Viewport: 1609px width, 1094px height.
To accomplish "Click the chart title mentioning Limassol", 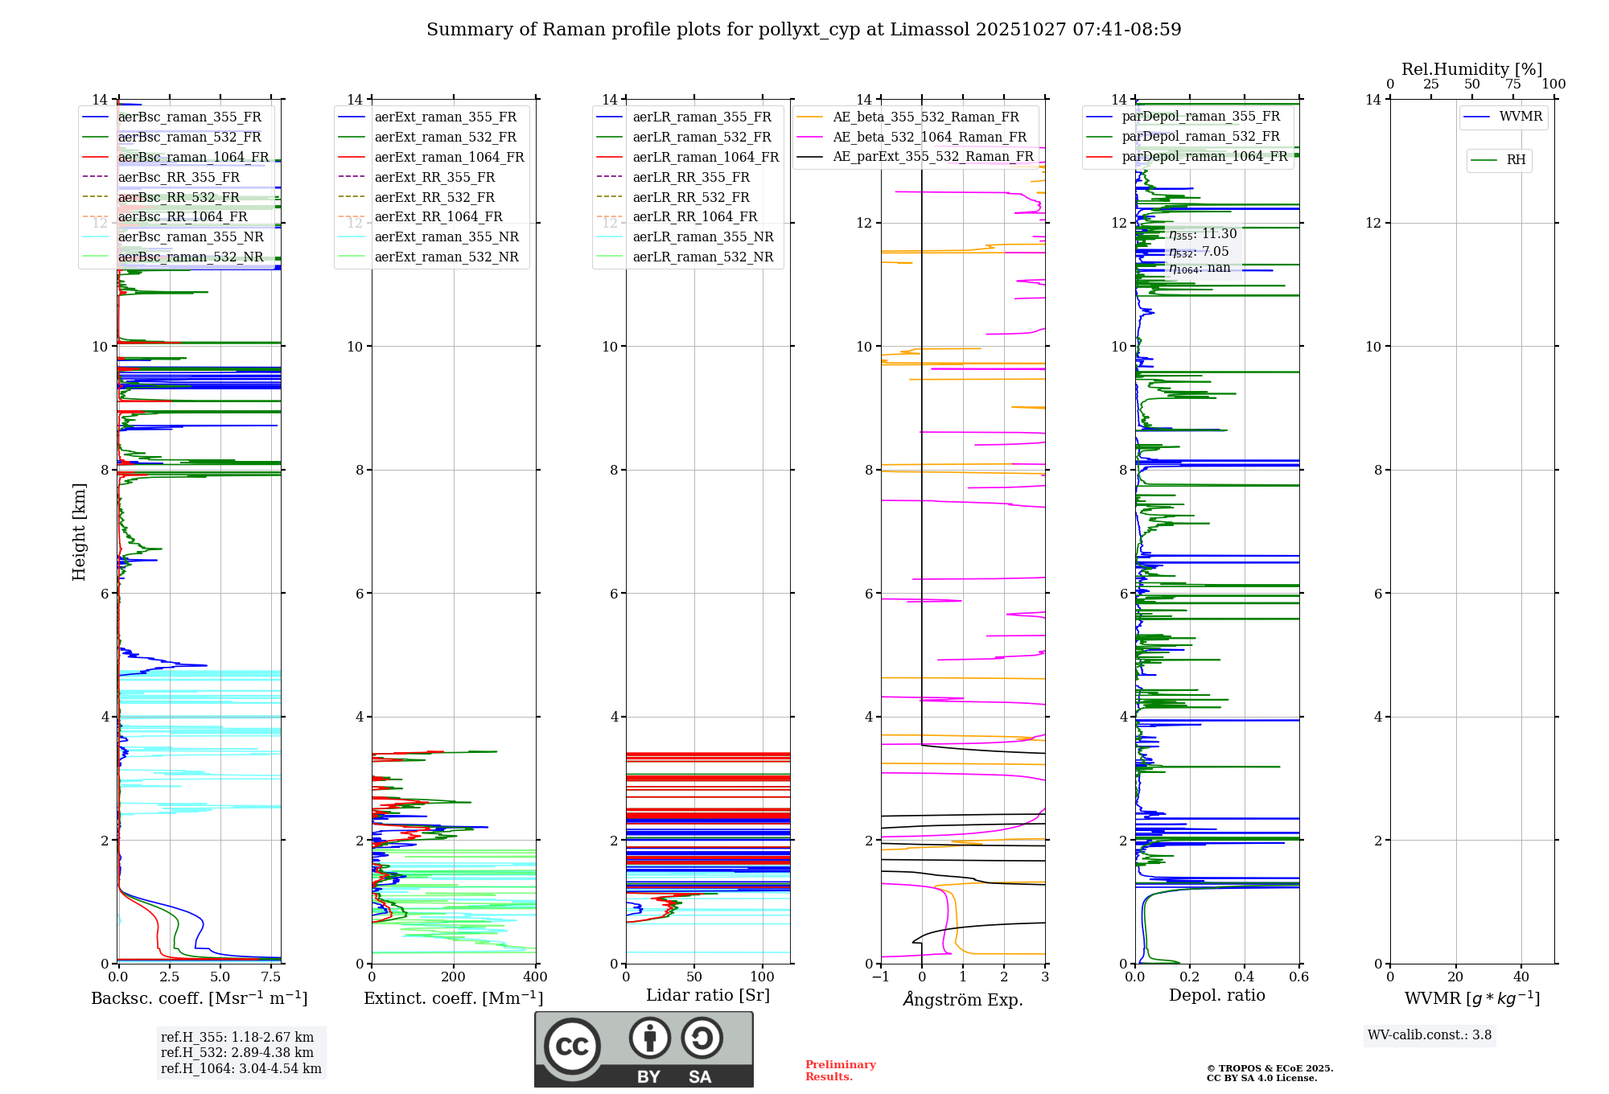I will click(x=804, y=30).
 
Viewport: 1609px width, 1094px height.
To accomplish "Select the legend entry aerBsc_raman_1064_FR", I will click(x=193, y=157).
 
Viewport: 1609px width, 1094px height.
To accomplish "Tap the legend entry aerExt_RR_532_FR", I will click(x=434, y=197).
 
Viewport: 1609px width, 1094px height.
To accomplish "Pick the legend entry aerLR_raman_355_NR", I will click(x=702, y=236).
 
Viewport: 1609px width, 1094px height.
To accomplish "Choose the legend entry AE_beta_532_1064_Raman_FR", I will click(x=929, y=137).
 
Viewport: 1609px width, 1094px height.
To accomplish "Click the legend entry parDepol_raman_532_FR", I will click(x=1200, y=136).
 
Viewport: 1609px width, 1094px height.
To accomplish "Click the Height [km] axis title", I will click(x=79, y=531).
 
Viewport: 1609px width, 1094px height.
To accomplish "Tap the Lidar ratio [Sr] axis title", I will click(x=708, y=995).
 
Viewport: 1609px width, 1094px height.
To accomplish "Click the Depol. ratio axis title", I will click(x=1216, y=995).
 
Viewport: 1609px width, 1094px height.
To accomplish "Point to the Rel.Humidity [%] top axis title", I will click(x=1471, y=69).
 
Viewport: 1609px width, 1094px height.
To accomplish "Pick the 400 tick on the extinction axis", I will click(x=535, y=977).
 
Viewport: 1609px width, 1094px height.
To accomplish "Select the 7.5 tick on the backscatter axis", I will click(x=271, y=977).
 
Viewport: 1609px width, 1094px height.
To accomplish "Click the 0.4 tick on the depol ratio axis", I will click(x=1245, y=977).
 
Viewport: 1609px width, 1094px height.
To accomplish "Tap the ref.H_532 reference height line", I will click(x=237, y=1052).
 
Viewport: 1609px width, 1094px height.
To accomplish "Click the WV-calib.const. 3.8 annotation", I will click(x=1430, y=1034).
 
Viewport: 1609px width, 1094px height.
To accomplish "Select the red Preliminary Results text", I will click(x=840, y=1070).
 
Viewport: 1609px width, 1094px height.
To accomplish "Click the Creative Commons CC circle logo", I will click(x=572, y=1046).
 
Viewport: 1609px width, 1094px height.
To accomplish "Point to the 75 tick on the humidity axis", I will click(x=1513, y=84).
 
